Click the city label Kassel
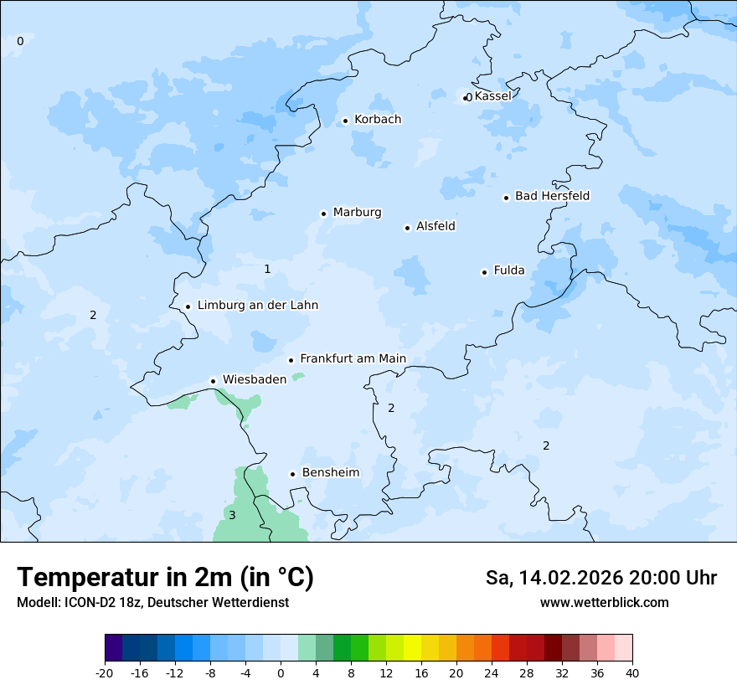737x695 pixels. (492, 96)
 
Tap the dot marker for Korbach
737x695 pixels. (345, 121)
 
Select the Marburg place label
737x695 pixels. (357, 213)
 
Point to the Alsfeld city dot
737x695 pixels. (408, 228)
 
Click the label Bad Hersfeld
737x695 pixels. (552, 196)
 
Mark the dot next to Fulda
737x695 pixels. (484, 272)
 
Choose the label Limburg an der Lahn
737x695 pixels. (257, 306)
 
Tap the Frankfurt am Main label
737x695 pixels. (353, 358)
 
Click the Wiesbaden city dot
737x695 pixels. (214, 381)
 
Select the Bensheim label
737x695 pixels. (330, 472)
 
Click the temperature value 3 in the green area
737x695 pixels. (232, 515)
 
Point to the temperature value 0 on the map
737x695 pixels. (20, 41)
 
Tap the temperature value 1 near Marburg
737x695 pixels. (267, 269)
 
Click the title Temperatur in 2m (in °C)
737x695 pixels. (165, 577)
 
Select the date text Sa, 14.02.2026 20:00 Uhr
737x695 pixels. (600, 578)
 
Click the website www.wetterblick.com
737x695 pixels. (604, 602)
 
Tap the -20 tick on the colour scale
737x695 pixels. (105, 672)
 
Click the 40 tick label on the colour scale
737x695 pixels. (631, 672)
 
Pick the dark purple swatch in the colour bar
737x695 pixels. (114, 648)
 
